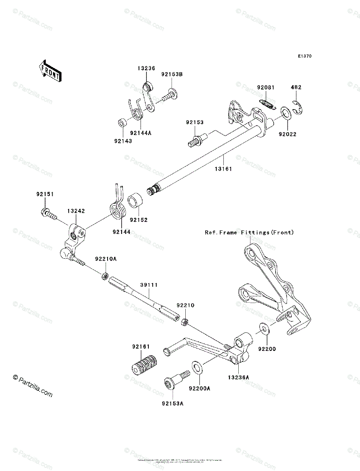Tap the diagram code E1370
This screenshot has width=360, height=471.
click(304, 57)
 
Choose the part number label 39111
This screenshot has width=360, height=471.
click(149, 285)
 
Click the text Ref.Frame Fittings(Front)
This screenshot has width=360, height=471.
click(249, 232)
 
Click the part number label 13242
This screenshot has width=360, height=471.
click(76, 211)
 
